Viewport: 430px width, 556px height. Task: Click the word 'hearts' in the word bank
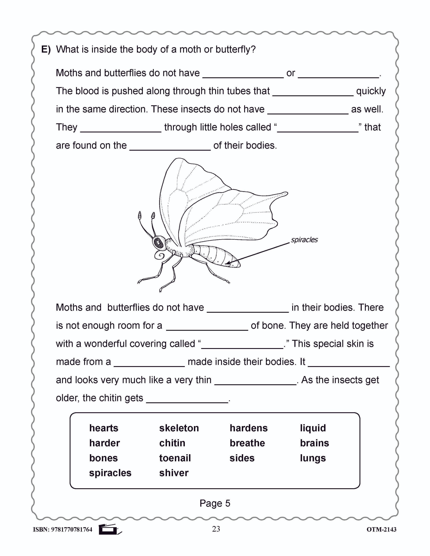click(104, 428)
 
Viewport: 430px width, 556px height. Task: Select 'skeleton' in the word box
click(179, 428)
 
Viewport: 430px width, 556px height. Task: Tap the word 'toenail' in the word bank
click(175, 458)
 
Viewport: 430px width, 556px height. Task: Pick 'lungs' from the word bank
click(313, 458)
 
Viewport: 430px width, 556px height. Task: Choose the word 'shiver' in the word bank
click(174, 473)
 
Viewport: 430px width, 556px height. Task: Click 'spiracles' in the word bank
click(110, 473)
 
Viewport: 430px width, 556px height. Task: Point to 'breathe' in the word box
click(247, 443)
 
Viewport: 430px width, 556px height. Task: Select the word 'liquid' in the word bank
click(313, 428)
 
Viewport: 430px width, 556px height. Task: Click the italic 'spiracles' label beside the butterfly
click(304, 240)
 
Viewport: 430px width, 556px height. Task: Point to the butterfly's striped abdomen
click(216, 256)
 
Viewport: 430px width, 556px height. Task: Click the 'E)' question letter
click(46, 49)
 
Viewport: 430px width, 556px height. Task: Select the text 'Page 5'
click(215, 503)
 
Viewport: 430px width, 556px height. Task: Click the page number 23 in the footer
click(216, 529)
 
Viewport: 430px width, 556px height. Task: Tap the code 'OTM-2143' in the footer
click(381, 530)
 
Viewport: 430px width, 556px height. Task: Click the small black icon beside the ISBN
click(109, 530)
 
